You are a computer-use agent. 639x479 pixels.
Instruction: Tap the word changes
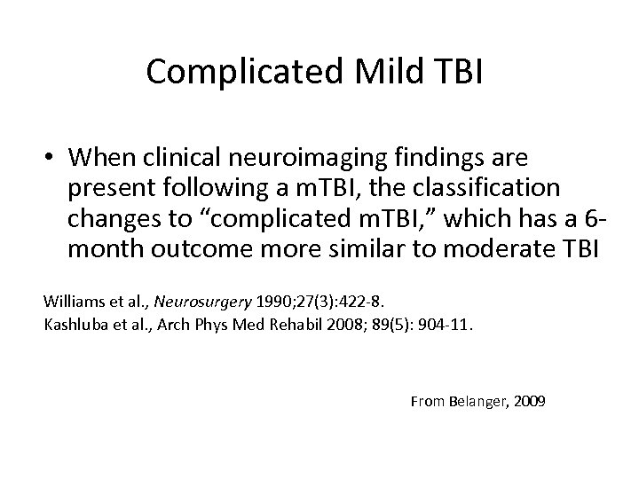pyautogui.click(x=113, y=219)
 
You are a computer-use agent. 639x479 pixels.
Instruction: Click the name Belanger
pyautogui.click(x=476, y=402)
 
